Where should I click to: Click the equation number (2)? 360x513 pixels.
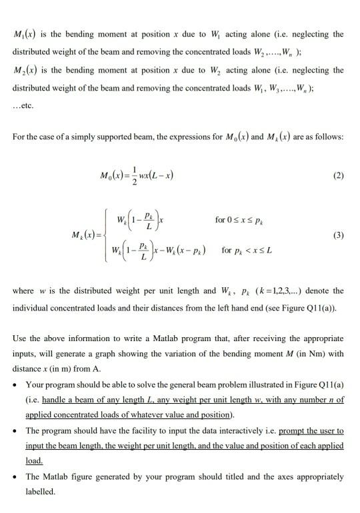click(x=337, y=177)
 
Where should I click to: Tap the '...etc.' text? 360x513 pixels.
click(x=23, y=106)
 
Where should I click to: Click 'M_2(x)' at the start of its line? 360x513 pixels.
click(x=25, y=70)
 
